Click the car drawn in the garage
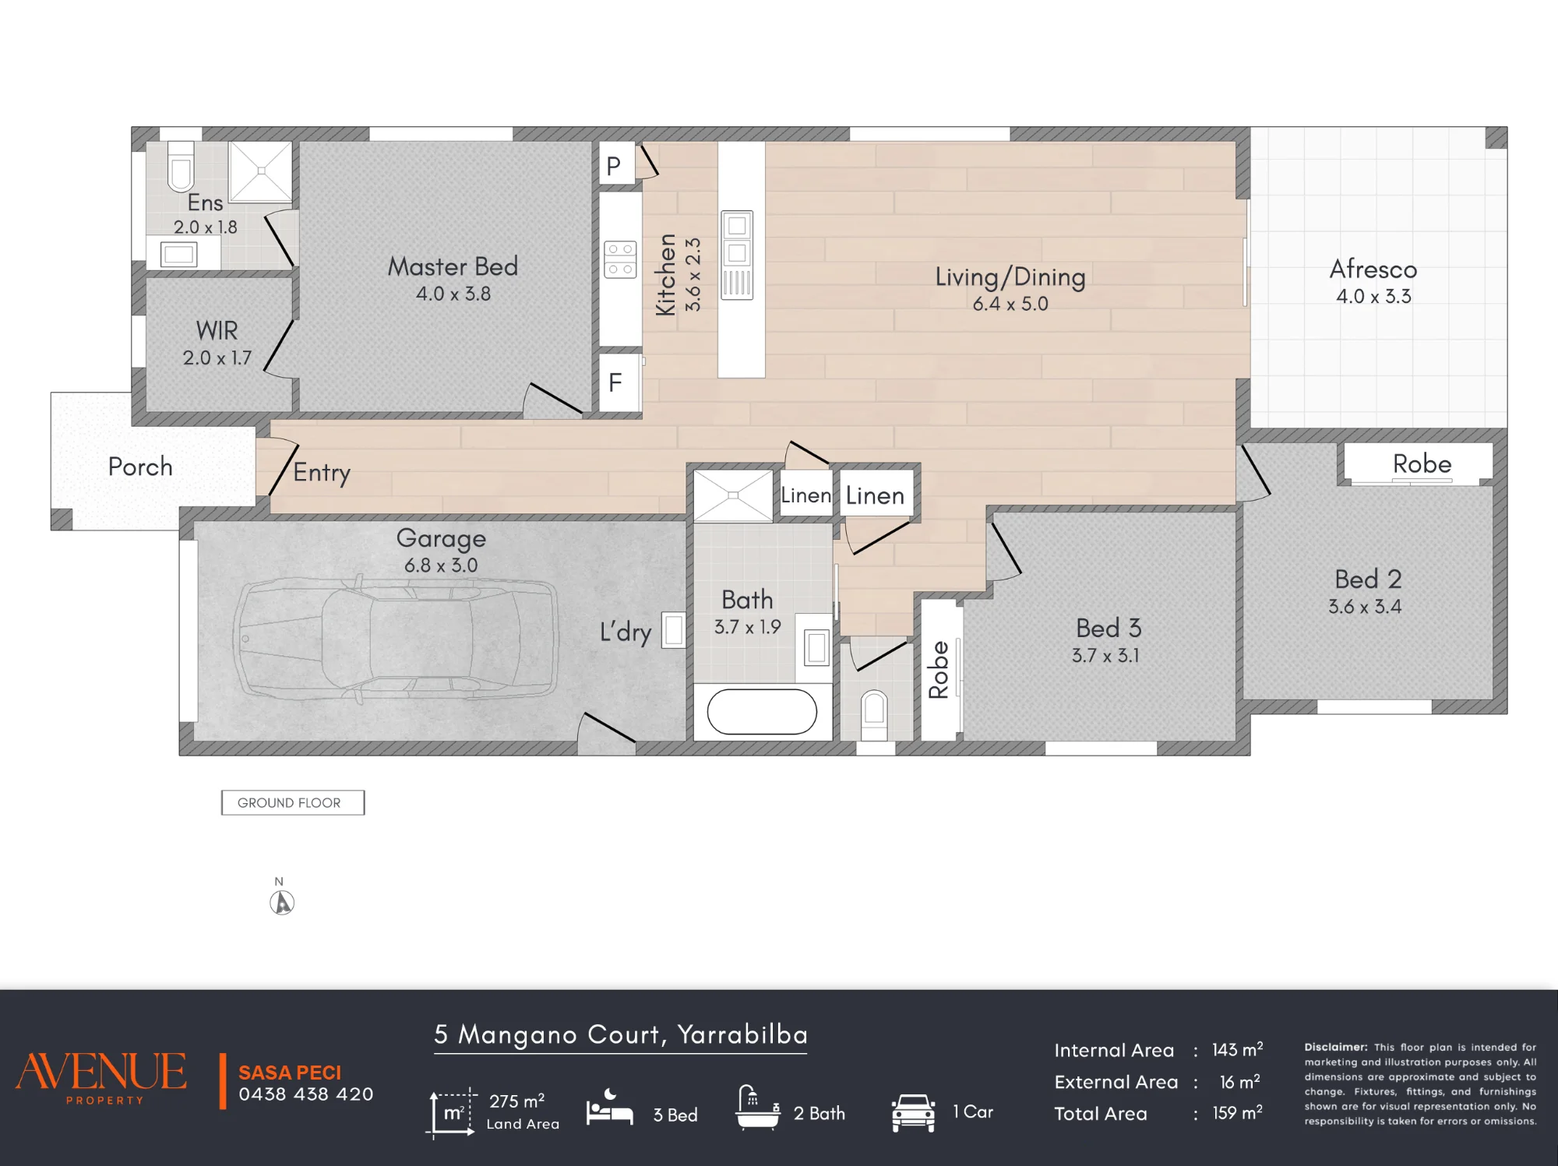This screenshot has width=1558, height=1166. [x=396, y=638]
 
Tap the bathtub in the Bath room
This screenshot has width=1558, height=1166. [x=762, y=711]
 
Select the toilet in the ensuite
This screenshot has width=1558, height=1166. [x=181, y=166]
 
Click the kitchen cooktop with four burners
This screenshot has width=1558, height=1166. [x=620, y=259]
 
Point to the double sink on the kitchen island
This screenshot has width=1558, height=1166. [x=737, y=255]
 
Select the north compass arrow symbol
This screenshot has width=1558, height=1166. [x=282, y=902]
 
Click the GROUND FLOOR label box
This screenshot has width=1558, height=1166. [x=293, y=802]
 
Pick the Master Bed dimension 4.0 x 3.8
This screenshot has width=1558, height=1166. [x=453, y=294]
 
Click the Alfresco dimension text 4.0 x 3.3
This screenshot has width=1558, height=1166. [x=1373, y=296]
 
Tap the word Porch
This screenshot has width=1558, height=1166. [x=140, y=467]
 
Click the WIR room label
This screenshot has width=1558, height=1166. [x=217, y=330]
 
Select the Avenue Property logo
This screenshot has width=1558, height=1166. [x=101, y=1077]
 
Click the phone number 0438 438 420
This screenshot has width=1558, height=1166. [x=306, y=1094]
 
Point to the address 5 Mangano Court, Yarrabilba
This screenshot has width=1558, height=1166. [x=621, y=1034]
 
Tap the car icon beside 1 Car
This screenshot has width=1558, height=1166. [x=913, y=1112]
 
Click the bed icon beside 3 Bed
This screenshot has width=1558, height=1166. [x=609, y=1108]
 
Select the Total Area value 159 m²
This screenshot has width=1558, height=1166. [x=1237, y=1112]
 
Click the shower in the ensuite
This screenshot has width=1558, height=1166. [x=261, y=171]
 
